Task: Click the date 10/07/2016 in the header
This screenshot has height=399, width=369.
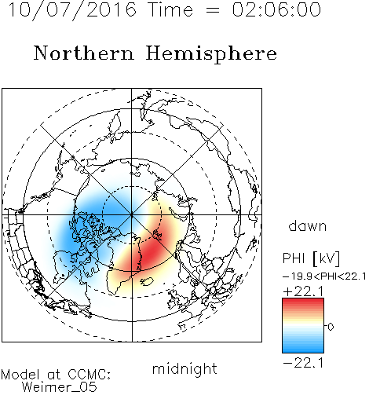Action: (72, 10)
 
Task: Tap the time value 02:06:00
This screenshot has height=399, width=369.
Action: (276, 9)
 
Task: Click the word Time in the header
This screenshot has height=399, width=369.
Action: (170, 9)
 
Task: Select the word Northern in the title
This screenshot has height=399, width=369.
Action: (84, 53)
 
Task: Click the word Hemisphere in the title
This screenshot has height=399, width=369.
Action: (211, 54)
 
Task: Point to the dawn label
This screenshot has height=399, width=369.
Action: (308, 225)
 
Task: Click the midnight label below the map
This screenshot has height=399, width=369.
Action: (184, 369)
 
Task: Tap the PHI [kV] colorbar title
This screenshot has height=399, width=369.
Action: (311, 258)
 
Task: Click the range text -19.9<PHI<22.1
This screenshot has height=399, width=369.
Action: (324, 276)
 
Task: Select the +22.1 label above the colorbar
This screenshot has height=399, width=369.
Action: (303, 291)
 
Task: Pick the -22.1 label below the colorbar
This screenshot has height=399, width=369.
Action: (303, 363)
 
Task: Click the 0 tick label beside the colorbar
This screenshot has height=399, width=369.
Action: (331, 327)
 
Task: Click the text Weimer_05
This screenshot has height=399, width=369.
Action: (60, 387)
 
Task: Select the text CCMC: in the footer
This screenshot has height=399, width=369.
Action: (90, 375)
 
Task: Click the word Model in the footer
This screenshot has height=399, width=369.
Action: (20, 375)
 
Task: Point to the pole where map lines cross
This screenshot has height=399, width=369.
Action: (132, 214)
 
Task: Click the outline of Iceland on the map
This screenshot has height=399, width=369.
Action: (147, 282)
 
